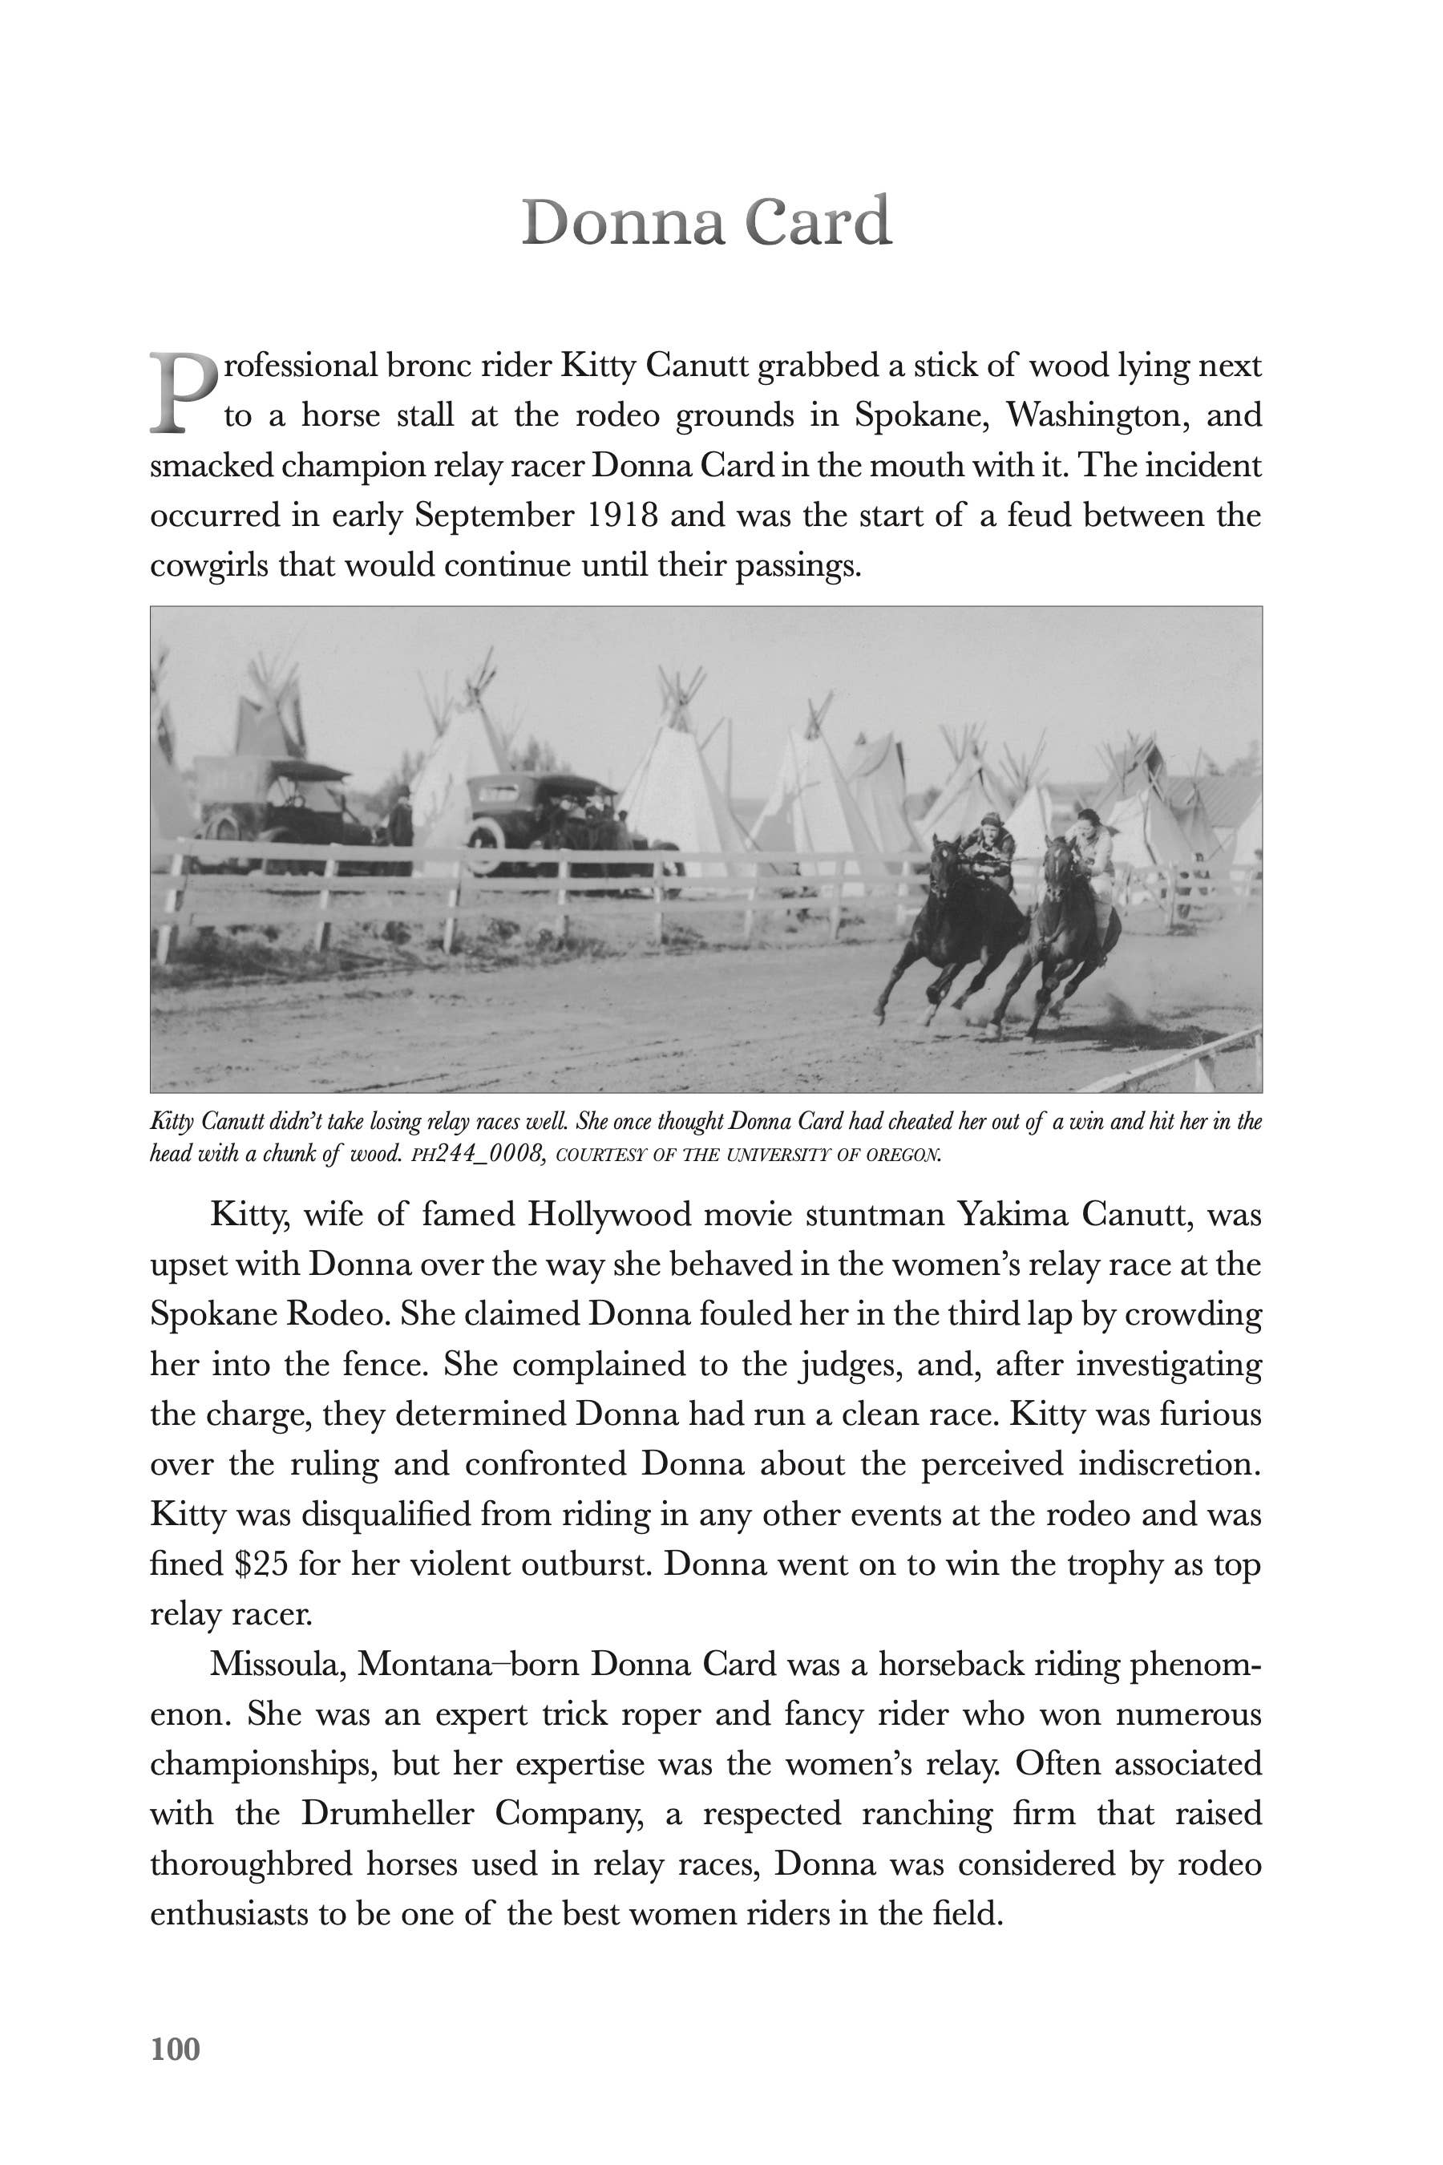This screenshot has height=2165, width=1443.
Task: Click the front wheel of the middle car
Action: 485,842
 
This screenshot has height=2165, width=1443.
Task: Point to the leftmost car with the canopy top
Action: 276,801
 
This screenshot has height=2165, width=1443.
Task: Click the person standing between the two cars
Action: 402,815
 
